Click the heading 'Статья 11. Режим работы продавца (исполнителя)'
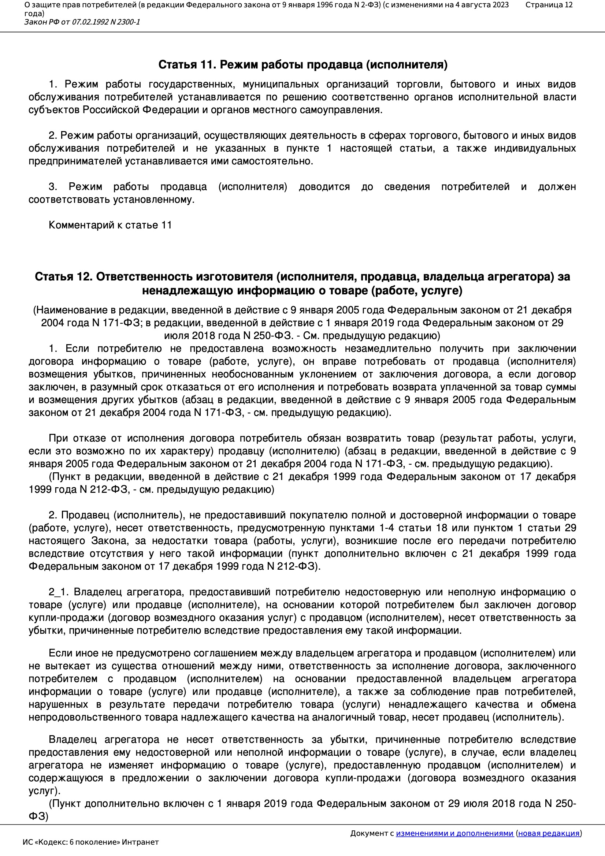point(302,65)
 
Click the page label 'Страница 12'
point(549,5)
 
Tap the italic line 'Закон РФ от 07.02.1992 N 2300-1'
point(82,22)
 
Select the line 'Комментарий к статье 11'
point(110,225)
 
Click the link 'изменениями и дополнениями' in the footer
point(454,833)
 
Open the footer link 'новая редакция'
point(549,833)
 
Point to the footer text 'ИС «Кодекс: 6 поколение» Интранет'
point(90,842)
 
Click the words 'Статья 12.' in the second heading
point(63,277)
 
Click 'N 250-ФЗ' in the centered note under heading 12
point(267,336)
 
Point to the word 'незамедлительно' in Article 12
point(387,349)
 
